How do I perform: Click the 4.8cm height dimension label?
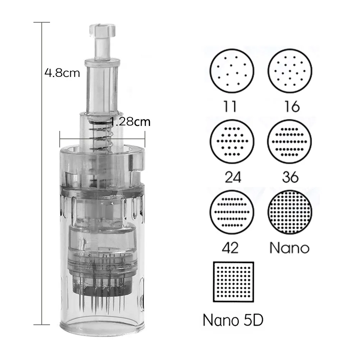click(x=62, y=73)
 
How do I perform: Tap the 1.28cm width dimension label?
click(x=130, y=122)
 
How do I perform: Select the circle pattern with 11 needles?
click(x=232, y=71)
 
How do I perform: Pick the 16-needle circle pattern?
click(x=290, y=71)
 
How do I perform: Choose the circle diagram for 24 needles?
click(x=232, y=141)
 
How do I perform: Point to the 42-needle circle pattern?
click(x=232, y=212)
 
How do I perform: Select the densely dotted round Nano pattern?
click(x=290, y=212)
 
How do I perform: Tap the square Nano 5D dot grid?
click(x=233, y=282)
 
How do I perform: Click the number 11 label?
click(x=230, y=106)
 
